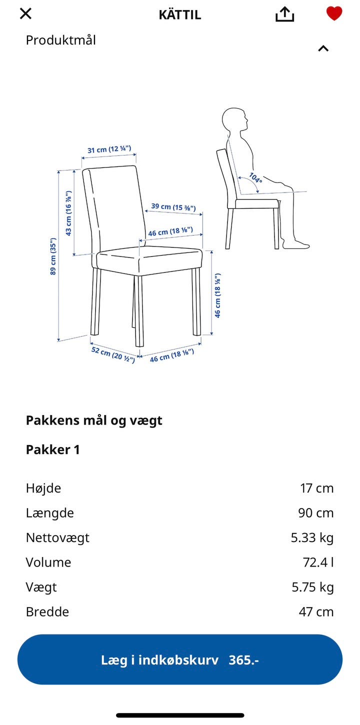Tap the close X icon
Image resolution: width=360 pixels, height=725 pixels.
[x=25, y=13]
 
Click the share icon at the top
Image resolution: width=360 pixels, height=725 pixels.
[x=284, y=14]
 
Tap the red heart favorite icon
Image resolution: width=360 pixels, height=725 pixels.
[x=334, y=13]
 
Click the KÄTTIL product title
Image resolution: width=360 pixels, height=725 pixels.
[x=180, y=15]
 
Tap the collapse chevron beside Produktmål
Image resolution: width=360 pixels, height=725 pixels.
[x=323, y=48]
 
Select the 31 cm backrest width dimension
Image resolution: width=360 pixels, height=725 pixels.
[x=109, y=149]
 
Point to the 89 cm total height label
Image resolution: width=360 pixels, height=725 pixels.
[x=53, y=256]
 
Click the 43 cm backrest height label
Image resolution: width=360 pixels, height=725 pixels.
[x=69, y=212]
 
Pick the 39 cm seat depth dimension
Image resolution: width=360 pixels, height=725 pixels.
[x=173, y=207]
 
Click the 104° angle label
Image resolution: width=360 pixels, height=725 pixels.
[x=255, y=177]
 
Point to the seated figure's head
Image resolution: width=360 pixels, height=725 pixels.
[x=234, y=120]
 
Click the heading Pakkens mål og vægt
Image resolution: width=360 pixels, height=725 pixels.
[x=94, y=420]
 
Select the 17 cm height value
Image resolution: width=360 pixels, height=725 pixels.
[x=316, y=488]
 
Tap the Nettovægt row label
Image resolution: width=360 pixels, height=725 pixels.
[x=57, y=537]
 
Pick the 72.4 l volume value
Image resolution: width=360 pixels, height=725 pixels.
[x=318, y=562]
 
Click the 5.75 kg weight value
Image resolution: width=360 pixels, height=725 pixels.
[x=312, y=587]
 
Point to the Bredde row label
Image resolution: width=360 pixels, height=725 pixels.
[x=47, y=611]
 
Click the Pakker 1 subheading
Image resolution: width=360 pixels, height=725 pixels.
[x=53, y=449]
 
